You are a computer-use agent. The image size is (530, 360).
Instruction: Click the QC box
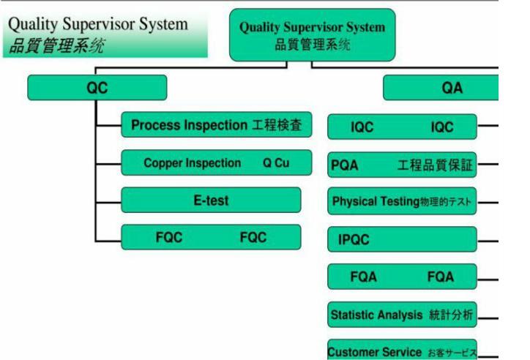click(97, 88)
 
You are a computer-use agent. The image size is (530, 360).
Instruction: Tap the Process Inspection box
click(216, 126)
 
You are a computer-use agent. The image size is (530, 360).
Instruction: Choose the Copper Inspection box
click(216, 162)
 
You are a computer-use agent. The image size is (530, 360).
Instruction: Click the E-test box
click(211, 200)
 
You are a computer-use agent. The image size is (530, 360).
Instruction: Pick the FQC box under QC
click(211, 237)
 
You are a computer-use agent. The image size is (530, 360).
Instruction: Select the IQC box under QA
click(402, 127)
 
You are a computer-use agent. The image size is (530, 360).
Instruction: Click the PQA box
click(402, 165)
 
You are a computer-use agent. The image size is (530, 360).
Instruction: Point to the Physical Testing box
click(402, 201)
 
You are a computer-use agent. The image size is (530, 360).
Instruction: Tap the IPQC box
click(402, 239)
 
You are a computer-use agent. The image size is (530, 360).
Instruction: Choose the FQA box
click(402, 277)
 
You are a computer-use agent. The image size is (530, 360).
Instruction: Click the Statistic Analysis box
click(402, 315)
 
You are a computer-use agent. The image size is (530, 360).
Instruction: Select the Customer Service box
click(402, 350)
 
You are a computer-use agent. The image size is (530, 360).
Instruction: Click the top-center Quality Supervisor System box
click(312, 35)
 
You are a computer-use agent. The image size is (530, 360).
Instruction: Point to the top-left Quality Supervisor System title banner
click(105, 34)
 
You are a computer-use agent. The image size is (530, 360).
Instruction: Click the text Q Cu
click(276, 163)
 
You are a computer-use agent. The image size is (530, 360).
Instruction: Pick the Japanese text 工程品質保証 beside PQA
click(435, 165)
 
